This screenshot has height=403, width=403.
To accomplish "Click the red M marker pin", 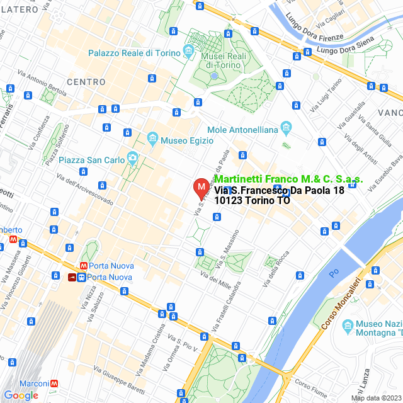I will [201, 188].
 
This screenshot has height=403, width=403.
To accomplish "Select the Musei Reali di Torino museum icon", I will [189, 50].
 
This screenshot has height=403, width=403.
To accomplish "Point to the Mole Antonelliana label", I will [242, 130].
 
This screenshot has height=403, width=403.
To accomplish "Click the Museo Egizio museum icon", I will [152, 137].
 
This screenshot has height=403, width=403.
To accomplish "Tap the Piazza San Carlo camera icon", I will [132, 157].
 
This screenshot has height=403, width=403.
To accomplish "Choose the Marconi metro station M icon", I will [55, 383].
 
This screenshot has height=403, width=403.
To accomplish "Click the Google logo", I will [21, 395].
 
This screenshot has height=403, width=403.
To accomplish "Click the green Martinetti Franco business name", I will [288, 179].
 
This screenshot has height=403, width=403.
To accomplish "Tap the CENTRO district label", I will [86, 82].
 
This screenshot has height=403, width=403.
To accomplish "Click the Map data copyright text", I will [375, 398].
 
